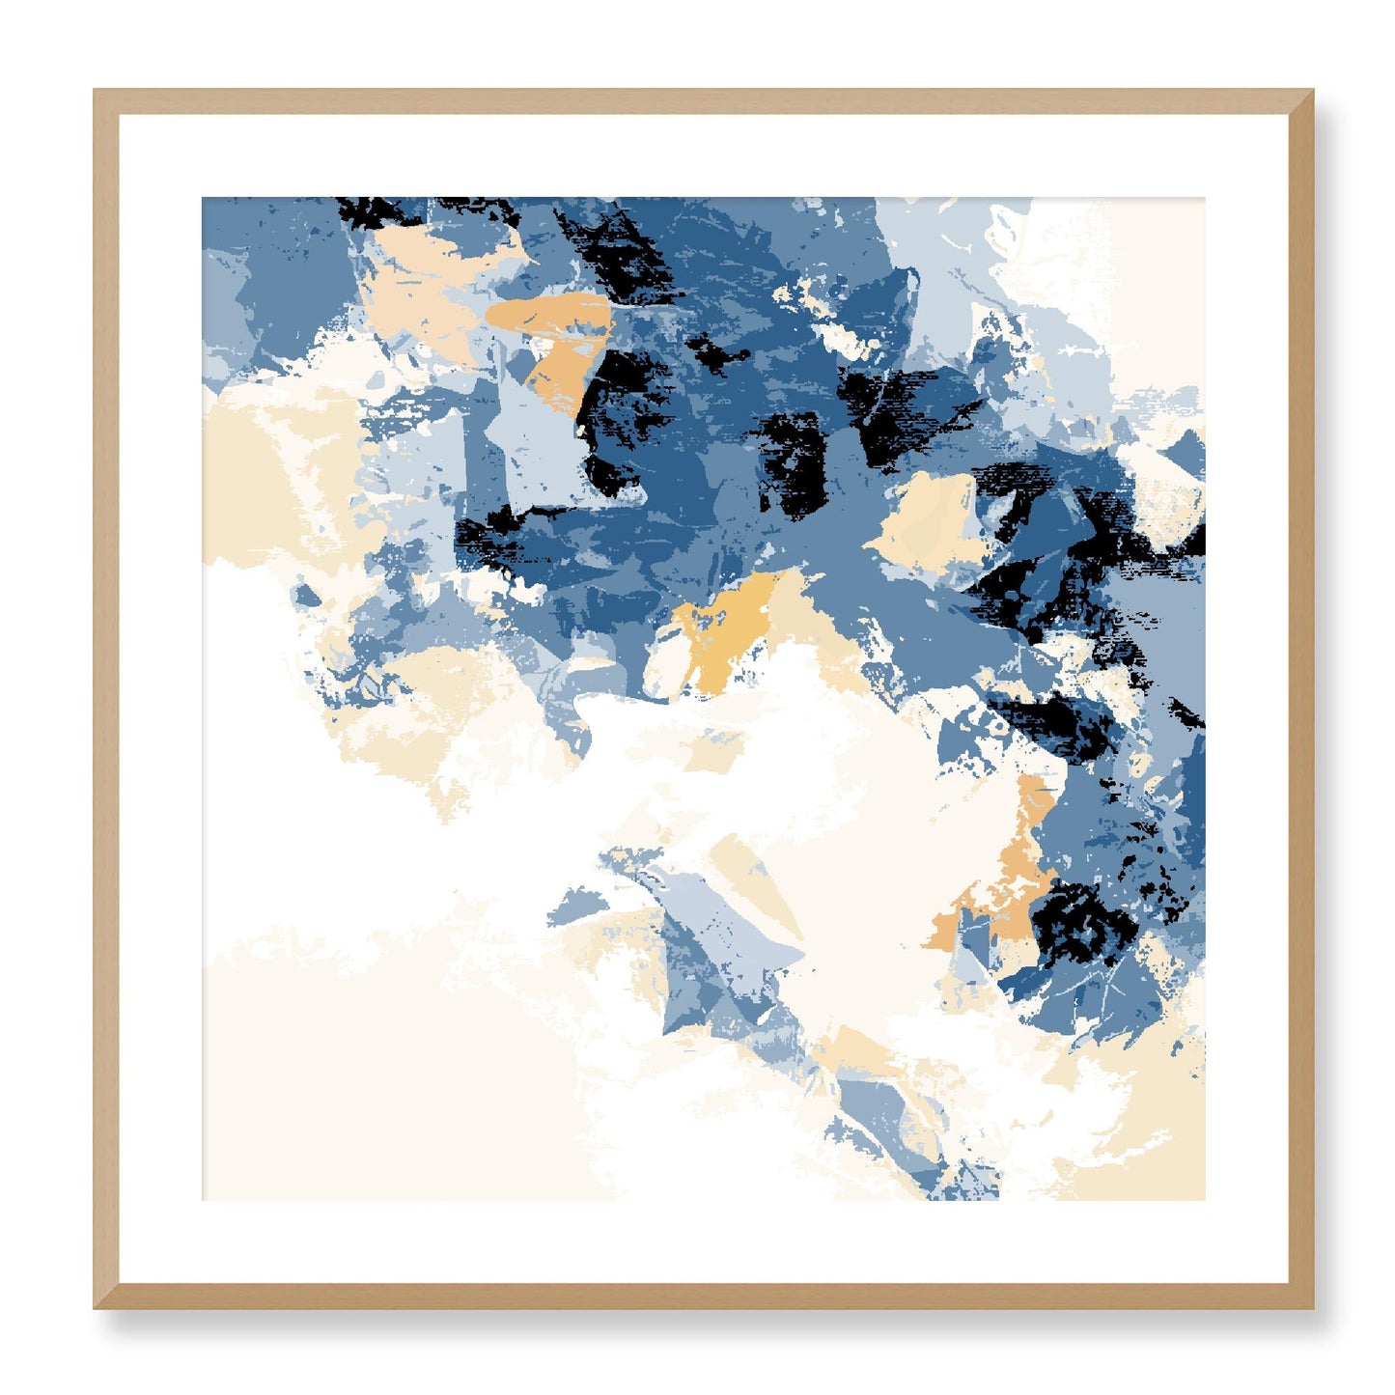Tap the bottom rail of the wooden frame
tap(703, 1296)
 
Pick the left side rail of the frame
tap(105, 699)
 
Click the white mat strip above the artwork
tap(703, 156)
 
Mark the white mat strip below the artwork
tap(703, 1242)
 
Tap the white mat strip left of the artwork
tap(160, 699)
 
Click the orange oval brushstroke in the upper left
tap(548, 313)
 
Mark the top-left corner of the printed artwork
tap(203, 199)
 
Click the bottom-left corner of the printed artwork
tap(203, 1199)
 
